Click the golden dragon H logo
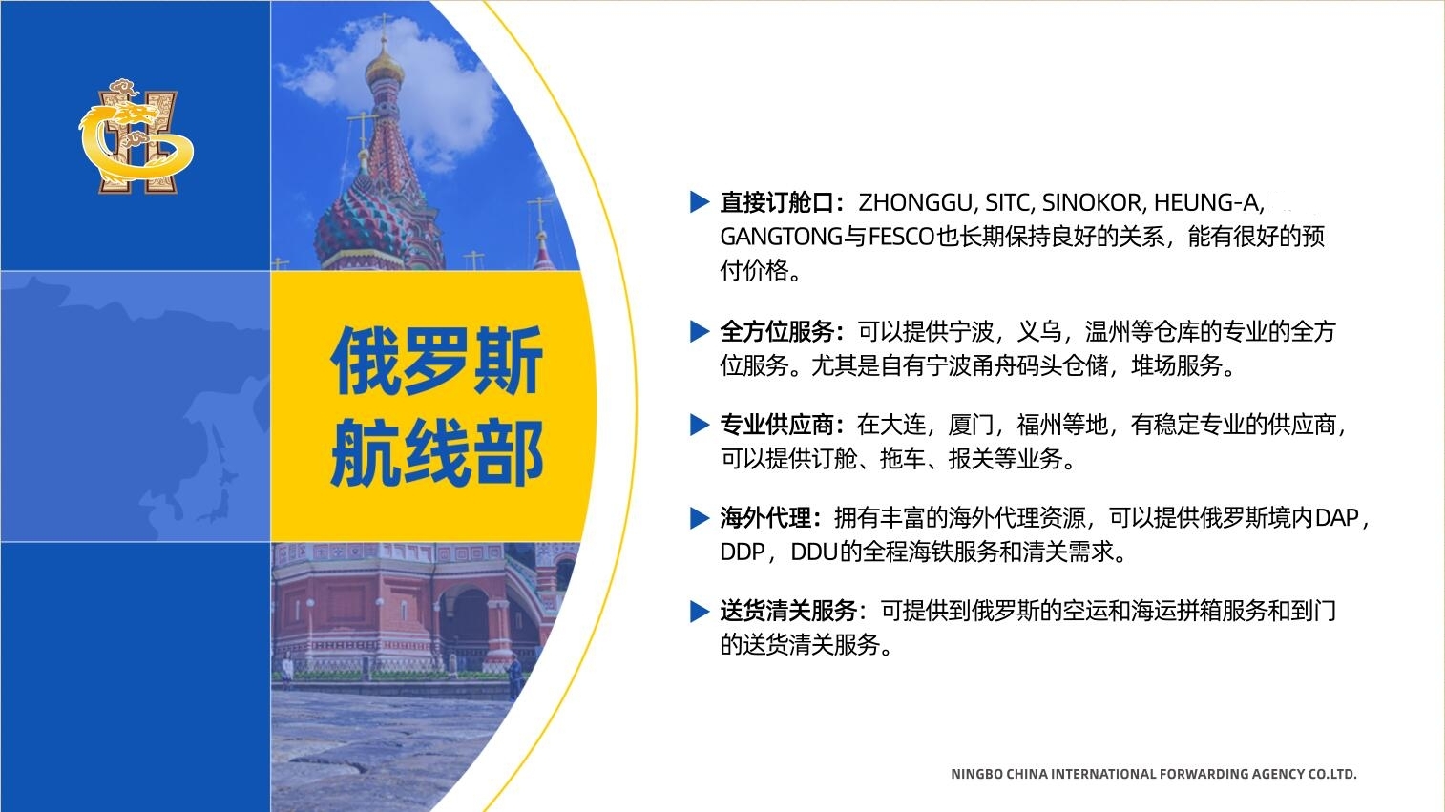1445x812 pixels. [136, 136]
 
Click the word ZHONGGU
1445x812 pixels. [914, 202]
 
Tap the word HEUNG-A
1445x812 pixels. [1206, 202]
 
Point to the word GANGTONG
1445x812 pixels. [782, 237]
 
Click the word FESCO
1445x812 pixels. [902, 237]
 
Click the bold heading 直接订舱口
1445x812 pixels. [777, 202]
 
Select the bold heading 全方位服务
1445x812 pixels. [777, 331]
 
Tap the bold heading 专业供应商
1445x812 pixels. [777, 425]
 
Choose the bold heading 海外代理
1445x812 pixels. [765, 517]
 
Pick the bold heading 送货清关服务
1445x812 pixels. [788, 611]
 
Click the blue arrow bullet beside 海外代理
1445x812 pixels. [700, 518]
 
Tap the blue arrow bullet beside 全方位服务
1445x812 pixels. [700, 331]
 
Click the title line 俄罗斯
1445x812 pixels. [437, 361]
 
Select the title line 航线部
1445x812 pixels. [437, 452]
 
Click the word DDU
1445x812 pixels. [813, 552]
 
